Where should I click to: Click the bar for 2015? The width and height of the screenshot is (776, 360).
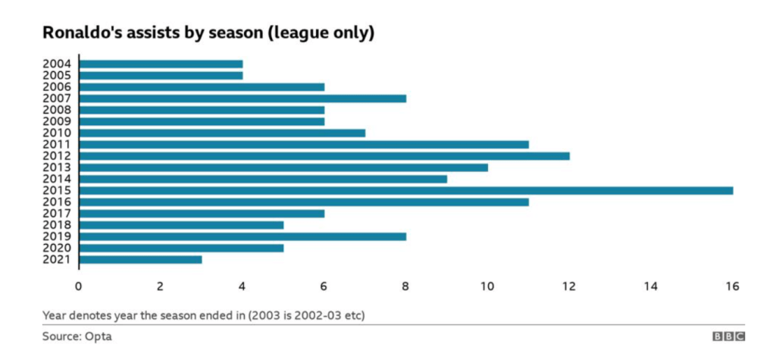[x=405, y=190]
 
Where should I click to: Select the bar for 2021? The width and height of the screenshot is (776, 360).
[x=140, y=259]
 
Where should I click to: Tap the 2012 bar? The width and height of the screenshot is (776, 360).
[x=324, y=155]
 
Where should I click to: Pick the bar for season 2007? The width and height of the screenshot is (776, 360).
[x=242, y=98]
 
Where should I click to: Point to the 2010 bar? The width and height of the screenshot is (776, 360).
[x=222, y=133]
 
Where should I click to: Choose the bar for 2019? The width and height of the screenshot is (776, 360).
[x=242, y=236]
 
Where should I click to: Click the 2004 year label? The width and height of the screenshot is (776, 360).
[x=58, y=64]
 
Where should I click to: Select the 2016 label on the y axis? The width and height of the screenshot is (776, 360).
[x=58, y=202]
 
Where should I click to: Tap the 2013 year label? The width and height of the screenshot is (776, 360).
[x=58, y=167]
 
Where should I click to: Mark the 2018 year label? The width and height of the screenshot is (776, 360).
[x=58, y=225]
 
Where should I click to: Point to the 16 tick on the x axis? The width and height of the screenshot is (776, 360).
[x=732, y=286]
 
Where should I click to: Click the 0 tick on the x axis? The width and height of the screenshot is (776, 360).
[x=78, y=286]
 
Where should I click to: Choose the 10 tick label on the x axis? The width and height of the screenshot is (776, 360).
[x=487, y=286]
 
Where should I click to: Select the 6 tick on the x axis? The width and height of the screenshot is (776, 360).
[x=324, y=286]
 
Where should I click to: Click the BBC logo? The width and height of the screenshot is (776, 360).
[x=728, y=337]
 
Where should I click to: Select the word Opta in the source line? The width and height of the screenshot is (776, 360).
[x=98, y=337]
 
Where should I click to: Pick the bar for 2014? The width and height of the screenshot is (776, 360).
[x=263, y=179]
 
